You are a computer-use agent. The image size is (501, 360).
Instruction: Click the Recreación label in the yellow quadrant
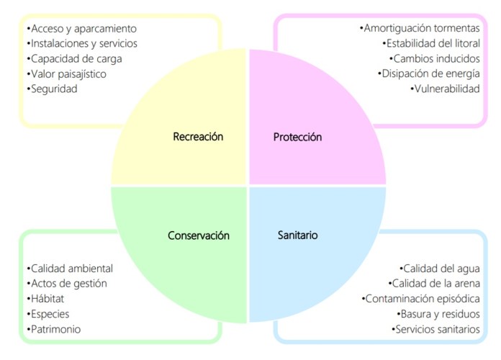(x=198, y=136)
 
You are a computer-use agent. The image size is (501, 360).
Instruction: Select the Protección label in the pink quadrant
(x=297, y=137)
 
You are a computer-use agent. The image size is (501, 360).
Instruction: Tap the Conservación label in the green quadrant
(x=198, y=235)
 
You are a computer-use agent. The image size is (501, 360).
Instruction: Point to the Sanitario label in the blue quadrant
(x=297, y=235)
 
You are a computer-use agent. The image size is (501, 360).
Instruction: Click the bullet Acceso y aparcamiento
(x=81, y=28)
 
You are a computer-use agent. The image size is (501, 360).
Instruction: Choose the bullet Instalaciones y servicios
(x=81, y=43)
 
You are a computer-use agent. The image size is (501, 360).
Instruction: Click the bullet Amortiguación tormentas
(x=420, y=28)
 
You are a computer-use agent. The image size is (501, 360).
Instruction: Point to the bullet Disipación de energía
(x=428, y=73)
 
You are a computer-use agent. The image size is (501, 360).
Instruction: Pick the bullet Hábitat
(x=46, y=299)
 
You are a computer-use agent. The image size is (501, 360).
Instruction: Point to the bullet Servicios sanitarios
(x=435, y=329)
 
